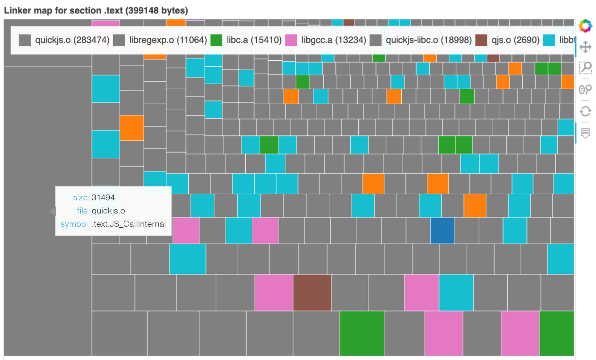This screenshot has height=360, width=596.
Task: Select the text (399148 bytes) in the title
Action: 157,10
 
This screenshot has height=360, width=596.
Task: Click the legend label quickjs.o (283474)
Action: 72,40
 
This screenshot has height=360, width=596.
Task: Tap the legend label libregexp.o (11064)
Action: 168,40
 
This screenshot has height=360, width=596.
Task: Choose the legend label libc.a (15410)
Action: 254,40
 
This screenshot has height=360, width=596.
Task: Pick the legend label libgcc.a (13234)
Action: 334,40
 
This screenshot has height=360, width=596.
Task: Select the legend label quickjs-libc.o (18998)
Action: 429,40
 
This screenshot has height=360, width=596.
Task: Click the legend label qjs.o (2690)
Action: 515,40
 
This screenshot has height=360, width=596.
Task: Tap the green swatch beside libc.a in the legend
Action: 216,40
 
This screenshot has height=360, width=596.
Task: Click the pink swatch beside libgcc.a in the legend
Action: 291,40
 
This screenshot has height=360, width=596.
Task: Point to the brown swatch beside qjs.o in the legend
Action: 481,40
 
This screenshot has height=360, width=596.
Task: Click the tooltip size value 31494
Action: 103,197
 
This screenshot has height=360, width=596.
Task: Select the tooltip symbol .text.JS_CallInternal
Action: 129,224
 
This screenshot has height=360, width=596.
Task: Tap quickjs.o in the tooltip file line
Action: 108,211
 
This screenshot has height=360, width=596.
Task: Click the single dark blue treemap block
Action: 442,230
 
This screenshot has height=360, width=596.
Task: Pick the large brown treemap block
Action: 312,292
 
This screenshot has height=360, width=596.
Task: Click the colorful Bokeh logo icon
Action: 585,26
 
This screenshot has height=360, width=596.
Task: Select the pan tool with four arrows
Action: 585,47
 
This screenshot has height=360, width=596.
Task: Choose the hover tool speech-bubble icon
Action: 585,133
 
